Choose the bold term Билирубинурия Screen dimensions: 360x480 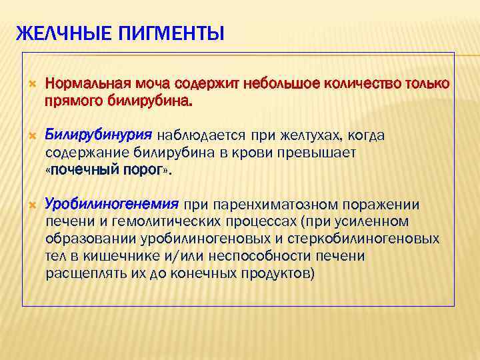98,135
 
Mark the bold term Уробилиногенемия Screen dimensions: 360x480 111,203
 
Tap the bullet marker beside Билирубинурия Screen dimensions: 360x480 30,136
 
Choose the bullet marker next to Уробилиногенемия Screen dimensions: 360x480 30,204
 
